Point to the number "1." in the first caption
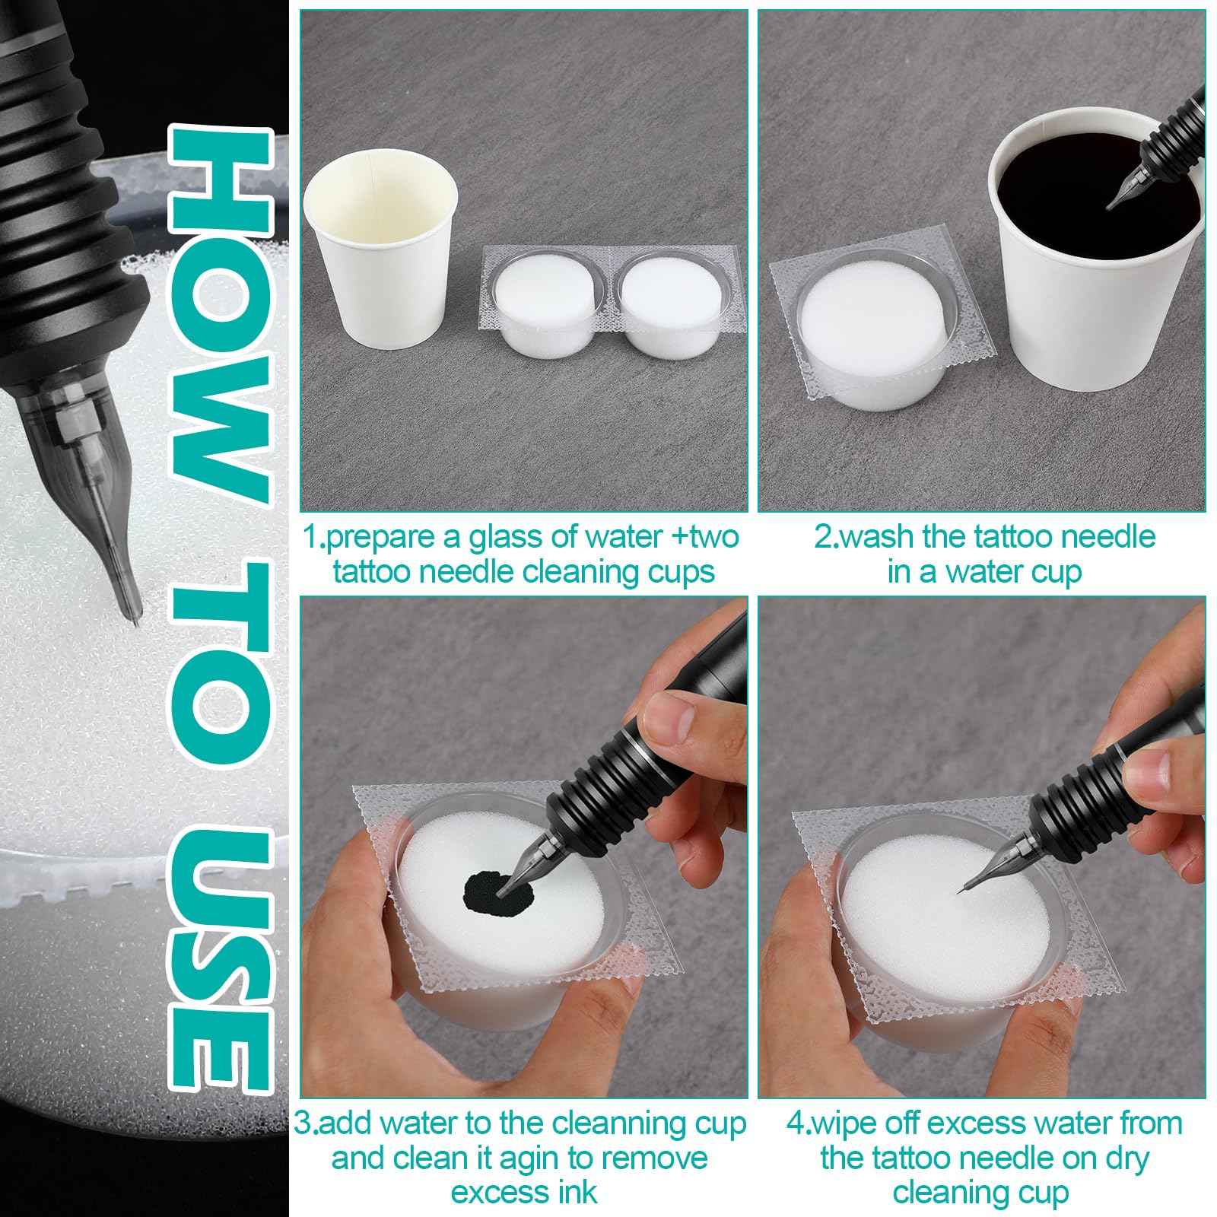tap(314, 537)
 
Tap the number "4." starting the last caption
tap(796, 1123)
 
